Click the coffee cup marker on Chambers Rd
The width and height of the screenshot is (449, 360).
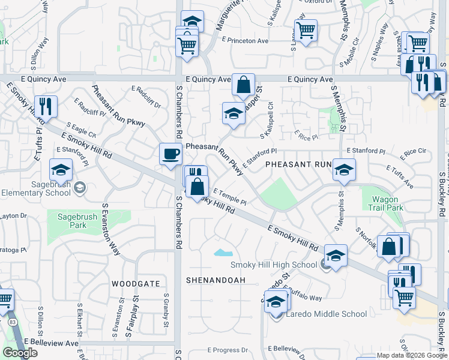point(170,154)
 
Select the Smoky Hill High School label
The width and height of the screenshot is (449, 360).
point(274,265)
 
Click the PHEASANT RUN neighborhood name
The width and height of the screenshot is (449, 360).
point(298,164)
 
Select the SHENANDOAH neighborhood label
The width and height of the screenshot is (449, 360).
point(216,280)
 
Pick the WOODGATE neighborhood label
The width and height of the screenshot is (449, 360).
point(136,283)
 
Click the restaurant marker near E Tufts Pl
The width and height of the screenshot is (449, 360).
point(46,106)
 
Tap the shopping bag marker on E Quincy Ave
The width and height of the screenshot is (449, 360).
point(243,85)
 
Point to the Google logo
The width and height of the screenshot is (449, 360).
point(20,353)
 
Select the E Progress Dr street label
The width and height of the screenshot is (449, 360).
point(228,350)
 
